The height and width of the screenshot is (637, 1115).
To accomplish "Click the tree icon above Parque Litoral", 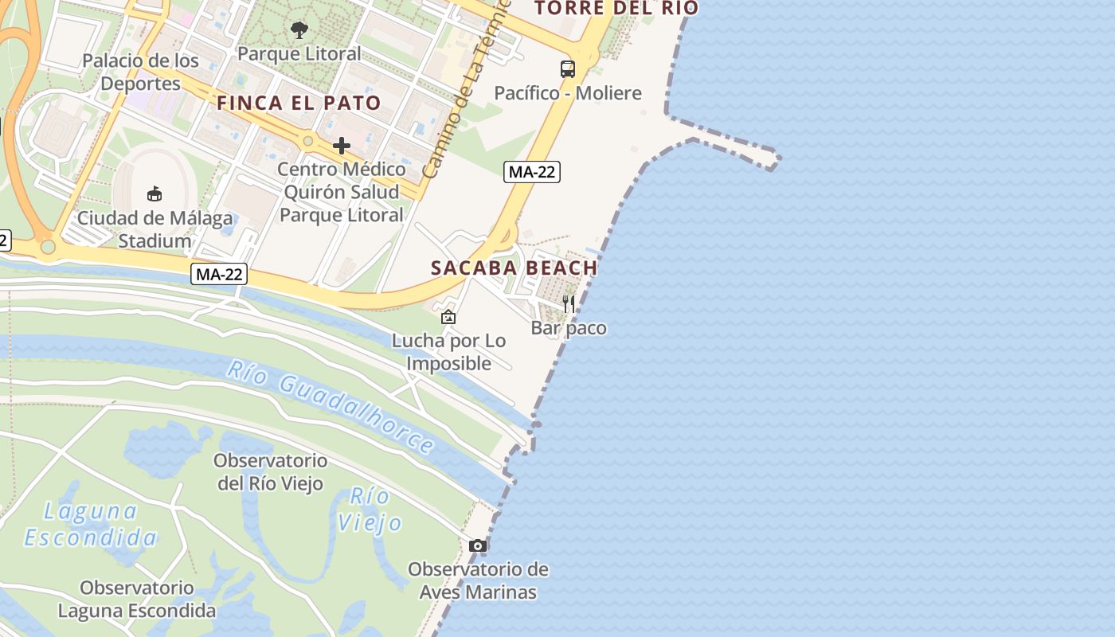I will point(299,31).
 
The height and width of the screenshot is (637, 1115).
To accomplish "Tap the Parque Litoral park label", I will point(299,54).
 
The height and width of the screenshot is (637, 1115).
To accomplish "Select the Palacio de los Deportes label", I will point(141,72).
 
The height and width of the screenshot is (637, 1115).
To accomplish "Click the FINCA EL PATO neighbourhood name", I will point(299,103).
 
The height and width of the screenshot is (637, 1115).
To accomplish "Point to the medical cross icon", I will point(342,146).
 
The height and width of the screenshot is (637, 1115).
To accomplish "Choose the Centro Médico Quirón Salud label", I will point(341,192).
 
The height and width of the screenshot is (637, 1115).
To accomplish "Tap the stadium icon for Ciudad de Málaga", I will point(155,193).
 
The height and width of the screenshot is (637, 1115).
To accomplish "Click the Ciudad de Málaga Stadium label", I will point(155,229).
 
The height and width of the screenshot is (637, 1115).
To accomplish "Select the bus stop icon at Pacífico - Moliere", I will point(567,69).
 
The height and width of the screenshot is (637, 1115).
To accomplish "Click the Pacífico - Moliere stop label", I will point(567,93).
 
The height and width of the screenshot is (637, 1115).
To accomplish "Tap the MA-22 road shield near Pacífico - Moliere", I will point(532,171).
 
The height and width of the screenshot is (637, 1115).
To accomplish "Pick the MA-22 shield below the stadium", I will point(219,275).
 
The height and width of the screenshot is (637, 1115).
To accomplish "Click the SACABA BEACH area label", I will point(514,268).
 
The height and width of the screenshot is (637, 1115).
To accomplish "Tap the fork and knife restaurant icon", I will point(569,303).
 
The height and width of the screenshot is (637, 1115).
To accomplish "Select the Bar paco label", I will point(569,328).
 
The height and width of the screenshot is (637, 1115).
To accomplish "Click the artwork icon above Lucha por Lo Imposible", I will point(448,317).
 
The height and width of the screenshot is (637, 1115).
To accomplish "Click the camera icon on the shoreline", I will point(478,545).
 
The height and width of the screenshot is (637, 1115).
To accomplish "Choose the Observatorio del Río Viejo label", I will point(271,471).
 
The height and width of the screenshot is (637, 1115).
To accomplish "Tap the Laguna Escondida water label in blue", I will point(90,524).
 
